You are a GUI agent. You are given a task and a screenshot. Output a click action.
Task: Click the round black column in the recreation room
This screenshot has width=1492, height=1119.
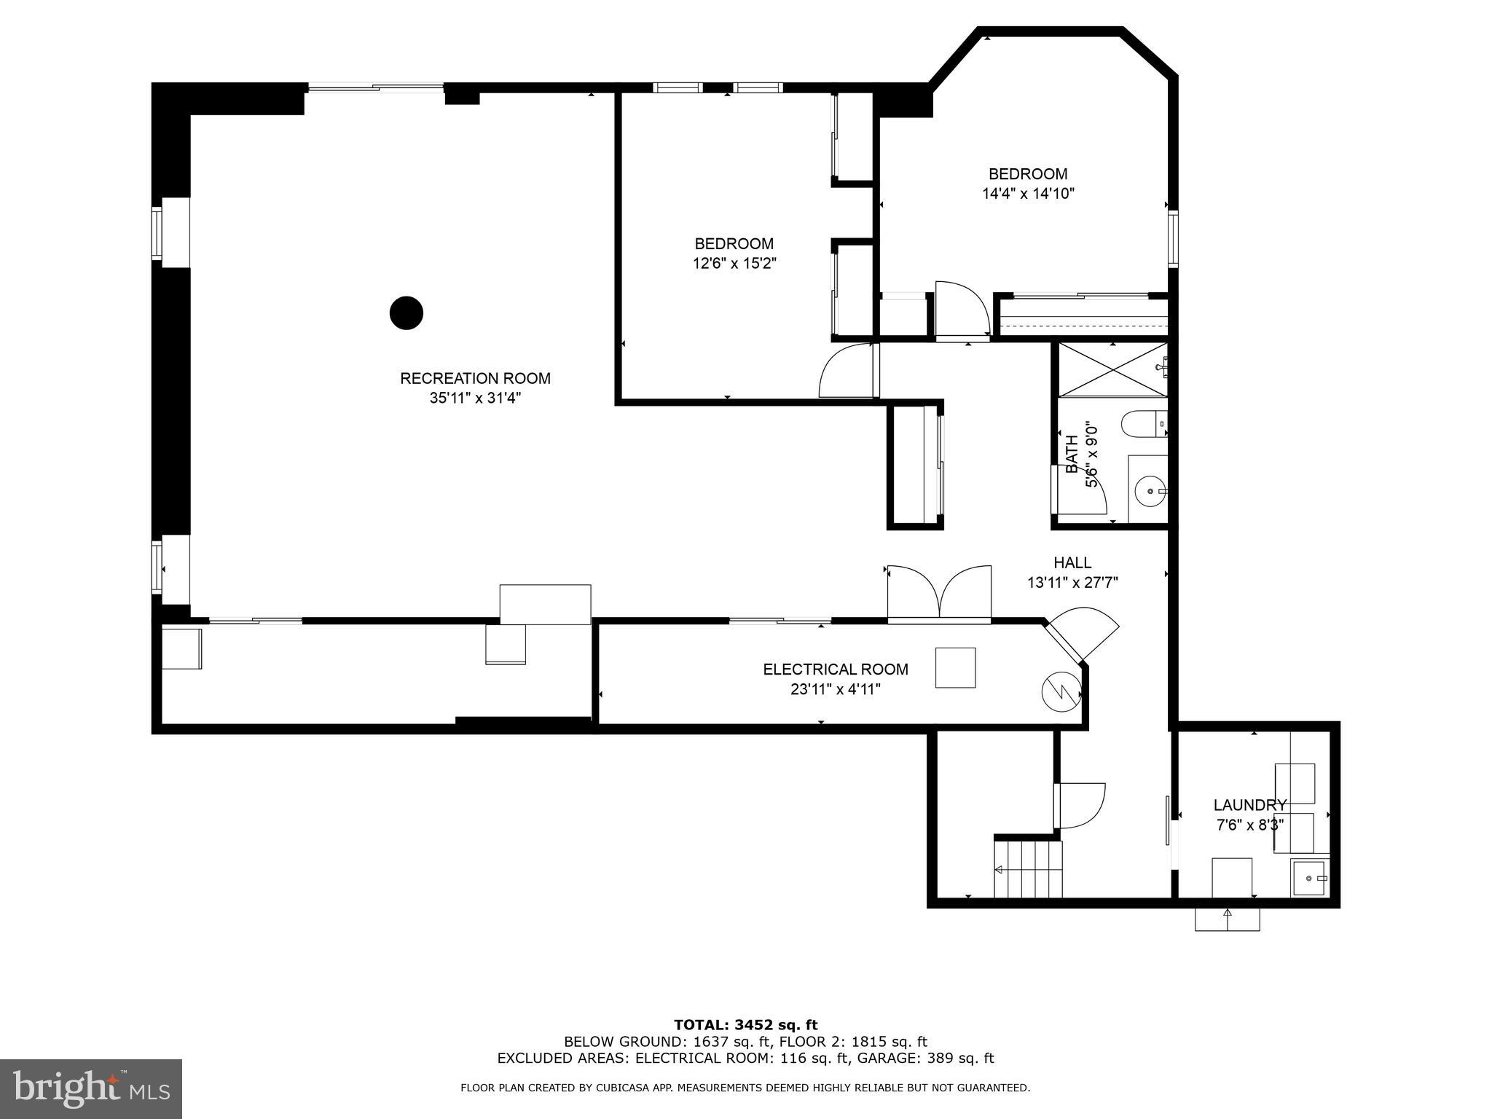(x=407, y=313)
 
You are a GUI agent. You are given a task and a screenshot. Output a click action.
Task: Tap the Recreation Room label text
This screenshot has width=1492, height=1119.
(x=475, y=379)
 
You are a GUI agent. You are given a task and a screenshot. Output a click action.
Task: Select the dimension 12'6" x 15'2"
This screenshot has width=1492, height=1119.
(x=734, y=264)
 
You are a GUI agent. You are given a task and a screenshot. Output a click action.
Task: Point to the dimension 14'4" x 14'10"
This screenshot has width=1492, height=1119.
(x=1028, y=194)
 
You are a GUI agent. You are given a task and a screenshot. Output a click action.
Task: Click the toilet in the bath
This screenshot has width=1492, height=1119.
(x=1143, y=424)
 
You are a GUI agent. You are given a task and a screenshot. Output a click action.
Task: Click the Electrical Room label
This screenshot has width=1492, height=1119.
(x=836, y=670)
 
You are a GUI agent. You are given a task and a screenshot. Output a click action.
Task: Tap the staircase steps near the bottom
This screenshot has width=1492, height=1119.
(x=1028, y=868)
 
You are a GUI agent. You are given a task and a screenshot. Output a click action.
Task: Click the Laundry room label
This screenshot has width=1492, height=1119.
(x=1249, y=805)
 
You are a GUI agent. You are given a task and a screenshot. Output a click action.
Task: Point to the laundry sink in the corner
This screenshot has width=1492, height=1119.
(x=1310, y=879)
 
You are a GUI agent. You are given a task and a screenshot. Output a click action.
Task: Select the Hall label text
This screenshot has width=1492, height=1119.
(x=1072, y=562)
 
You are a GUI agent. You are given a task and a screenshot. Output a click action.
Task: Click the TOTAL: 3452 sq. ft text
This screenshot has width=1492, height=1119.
(x=745, y=1025)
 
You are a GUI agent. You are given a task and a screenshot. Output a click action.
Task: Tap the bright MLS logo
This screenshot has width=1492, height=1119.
(x=91, y=1089)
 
